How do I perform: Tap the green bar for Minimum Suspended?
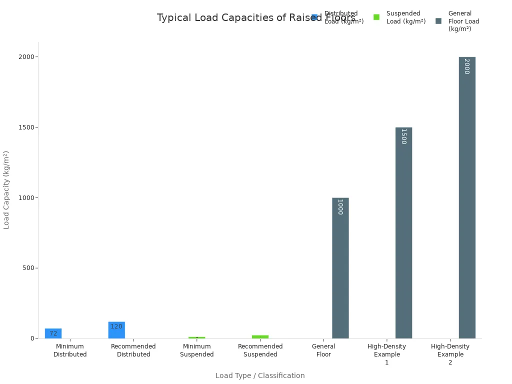196,337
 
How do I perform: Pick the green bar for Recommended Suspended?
260,336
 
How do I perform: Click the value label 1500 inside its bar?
403,136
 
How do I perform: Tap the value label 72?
53,333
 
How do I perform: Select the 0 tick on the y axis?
32,338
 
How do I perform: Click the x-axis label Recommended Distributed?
133,350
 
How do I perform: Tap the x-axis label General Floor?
323,350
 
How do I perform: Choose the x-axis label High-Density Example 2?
450,354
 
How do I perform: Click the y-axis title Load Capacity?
6,190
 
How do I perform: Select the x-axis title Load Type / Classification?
260,375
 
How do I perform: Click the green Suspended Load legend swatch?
376,17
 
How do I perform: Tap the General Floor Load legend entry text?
463,21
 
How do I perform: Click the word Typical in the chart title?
174,18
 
